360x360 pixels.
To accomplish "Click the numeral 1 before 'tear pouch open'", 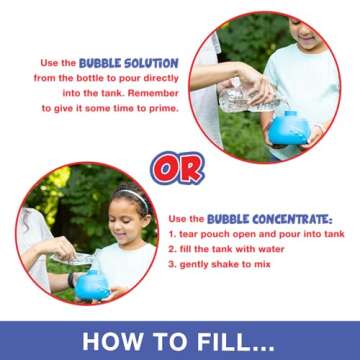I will [171, 233].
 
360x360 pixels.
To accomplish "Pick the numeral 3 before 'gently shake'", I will [171, 264].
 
